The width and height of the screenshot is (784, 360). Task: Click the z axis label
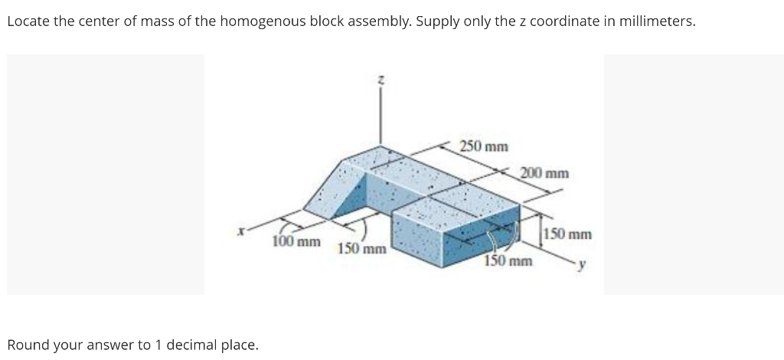(379, 79)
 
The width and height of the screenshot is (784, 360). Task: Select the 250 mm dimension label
(484, 146)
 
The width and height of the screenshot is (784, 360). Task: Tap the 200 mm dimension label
(544, 172)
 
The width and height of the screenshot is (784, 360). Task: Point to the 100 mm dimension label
(296, 242)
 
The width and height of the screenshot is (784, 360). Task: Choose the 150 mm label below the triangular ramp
(362, 249)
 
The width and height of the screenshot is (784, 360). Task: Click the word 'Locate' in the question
(28, 21)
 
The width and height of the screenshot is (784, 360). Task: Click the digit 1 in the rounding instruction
(158, 345)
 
